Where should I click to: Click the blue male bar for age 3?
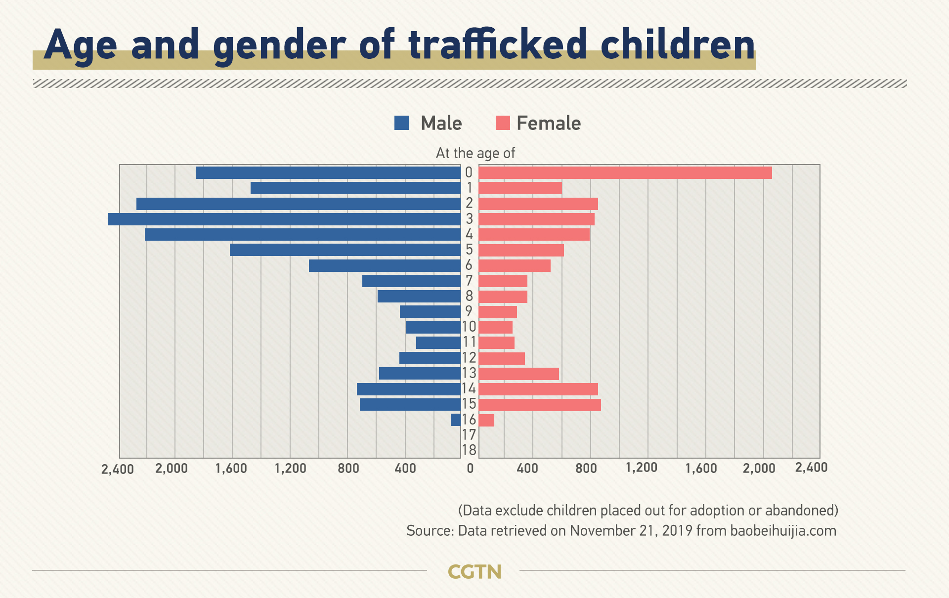tap(284, 219)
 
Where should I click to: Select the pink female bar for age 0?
tap(625, 172)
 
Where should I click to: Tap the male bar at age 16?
tap(456, 420)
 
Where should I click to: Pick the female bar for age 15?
tap(540, 405)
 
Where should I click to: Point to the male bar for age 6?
tap(385, 265)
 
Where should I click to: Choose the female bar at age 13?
tap(518, 374)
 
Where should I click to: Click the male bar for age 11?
tap(438, 342)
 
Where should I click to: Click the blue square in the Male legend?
tap(402, 123)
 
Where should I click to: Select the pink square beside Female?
tap(503, 123)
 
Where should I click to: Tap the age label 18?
tap(469, 450)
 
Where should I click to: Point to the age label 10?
tap(469, 327)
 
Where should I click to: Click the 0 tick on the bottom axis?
tap(470, 468)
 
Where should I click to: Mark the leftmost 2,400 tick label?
tap(118, 469)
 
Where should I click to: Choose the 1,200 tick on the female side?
tap(642, 468)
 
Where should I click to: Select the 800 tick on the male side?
tap(348, 468)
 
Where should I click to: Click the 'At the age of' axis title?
tap(475, 153)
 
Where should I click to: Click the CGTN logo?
tap(474, 572)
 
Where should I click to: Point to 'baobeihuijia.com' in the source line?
tap(783, 531)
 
